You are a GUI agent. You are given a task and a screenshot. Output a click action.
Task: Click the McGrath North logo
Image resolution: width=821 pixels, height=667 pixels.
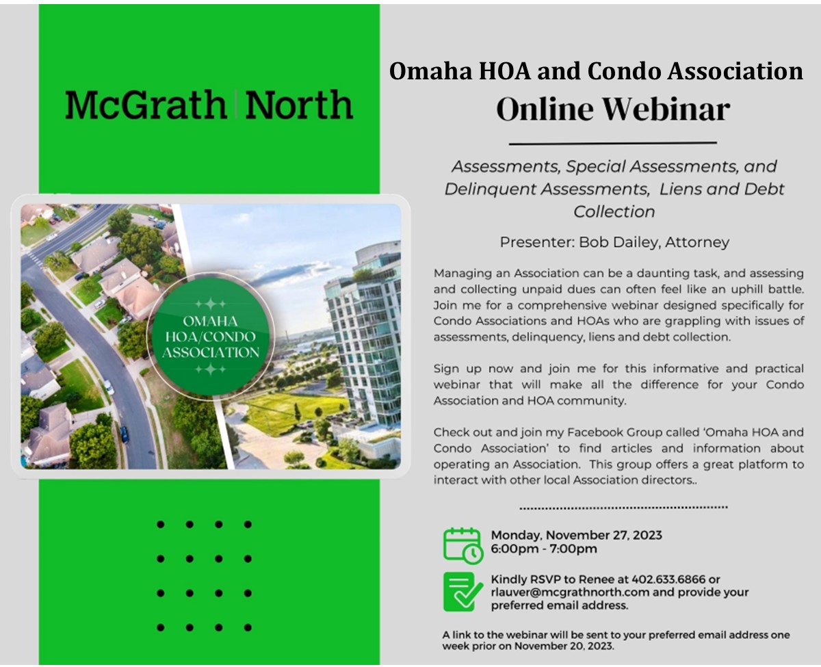[209, 105]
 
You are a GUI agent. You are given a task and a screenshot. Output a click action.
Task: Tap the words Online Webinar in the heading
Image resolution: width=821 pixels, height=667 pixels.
[613, 109]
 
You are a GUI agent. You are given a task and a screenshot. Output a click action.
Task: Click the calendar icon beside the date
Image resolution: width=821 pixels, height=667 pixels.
[463, 546]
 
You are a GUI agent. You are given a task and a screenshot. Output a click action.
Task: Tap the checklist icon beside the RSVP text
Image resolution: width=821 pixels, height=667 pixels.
[463, 592]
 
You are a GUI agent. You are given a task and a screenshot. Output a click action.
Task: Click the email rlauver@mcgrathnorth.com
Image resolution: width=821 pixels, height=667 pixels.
[570, 592]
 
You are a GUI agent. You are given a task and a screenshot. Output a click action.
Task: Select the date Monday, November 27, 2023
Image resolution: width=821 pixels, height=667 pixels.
[576, 535]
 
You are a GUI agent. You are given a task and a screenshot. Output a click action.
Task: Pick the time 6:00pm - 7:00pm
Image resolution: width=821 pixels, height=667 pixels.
[544, 549]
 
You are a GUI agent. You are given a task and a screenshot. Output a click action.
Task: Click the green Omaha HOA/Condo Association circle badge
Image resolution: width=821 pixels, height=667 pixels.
[211, 337]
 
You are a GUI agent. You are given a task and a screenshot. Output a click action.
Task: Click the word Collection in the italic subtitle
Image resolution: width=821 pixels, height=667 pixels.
[614, 212]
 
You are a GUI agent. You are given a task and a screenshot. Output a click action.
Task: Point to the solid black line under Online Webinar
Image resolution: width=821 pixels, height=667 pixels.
[613, 144]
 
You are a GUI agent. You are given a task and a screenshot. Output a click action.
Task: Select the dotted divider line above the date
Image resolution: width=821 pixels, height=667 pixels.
[623, 508]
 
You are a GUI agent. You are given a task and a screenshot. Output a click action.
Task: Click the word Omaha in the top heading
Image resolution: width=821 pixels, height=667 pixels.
[430, 71]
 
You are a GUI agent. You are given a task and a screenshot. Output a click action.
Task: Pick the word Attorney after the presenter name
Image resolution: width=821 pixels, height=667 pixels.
[697, 242]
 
